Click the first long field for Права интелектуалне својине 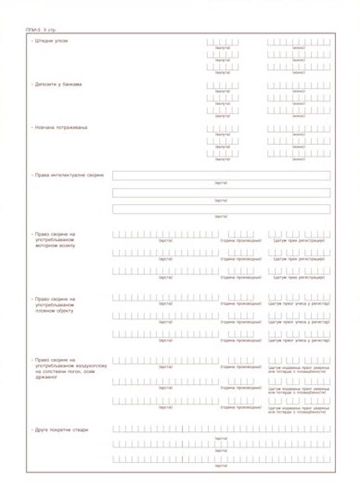pyautogui.click(x=221, y=176)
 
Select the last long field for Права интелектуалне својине pyautogui.click(x=221, y=209)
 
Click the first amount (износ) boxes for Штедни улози pyautogui.click(x=299, y=42)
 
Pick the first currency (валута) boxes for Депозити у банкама pyautogui.click(x=222, y=85)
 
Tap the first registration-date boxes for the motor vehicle pyautogui.click(x=299, y=235)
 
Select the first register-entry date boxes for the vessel pyautogui.click(x=299, y=298)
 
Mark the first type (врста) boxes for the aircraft pyautogui.click(x=166, y=360)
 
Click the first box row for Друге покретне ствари pyautogui.click(x=221, y=429)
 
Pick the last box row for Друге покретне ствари pyautogui.click(x=221, y=459)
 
